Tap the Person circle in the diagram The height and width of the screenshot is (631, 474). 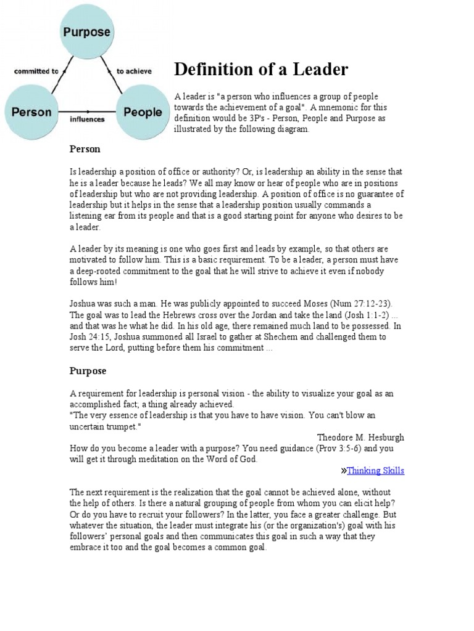click(x=31, y=112)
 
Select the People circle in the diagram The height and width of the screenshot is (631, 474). click(x=143, y=112)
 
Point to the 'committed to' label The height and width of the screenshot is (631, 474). click(x=36, y=71)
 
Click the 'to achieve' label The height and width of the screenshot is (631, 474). click(x=134, y=71)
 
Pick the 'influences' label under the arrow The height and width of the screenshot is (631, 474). click(x=87, y=120)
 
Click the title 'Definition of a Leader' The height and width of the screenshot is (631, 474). click(x=261, y=70)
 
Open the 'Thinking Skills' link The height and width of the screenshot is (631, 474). click(x=375, y=471)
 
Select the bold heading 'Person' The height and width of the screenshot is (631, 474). click(x=85, y=149)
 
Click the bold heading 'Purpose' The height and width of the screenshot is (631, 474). click(x=88, y=371)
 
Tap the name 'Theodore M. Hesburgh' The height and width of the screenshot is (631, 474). click(x=360, y=438)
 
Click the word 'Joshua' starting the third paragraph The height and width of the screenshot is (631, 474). click(x=83, y=304)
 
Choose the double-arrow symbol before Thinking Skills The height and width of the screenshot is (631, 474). click(x=343, y=471)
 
